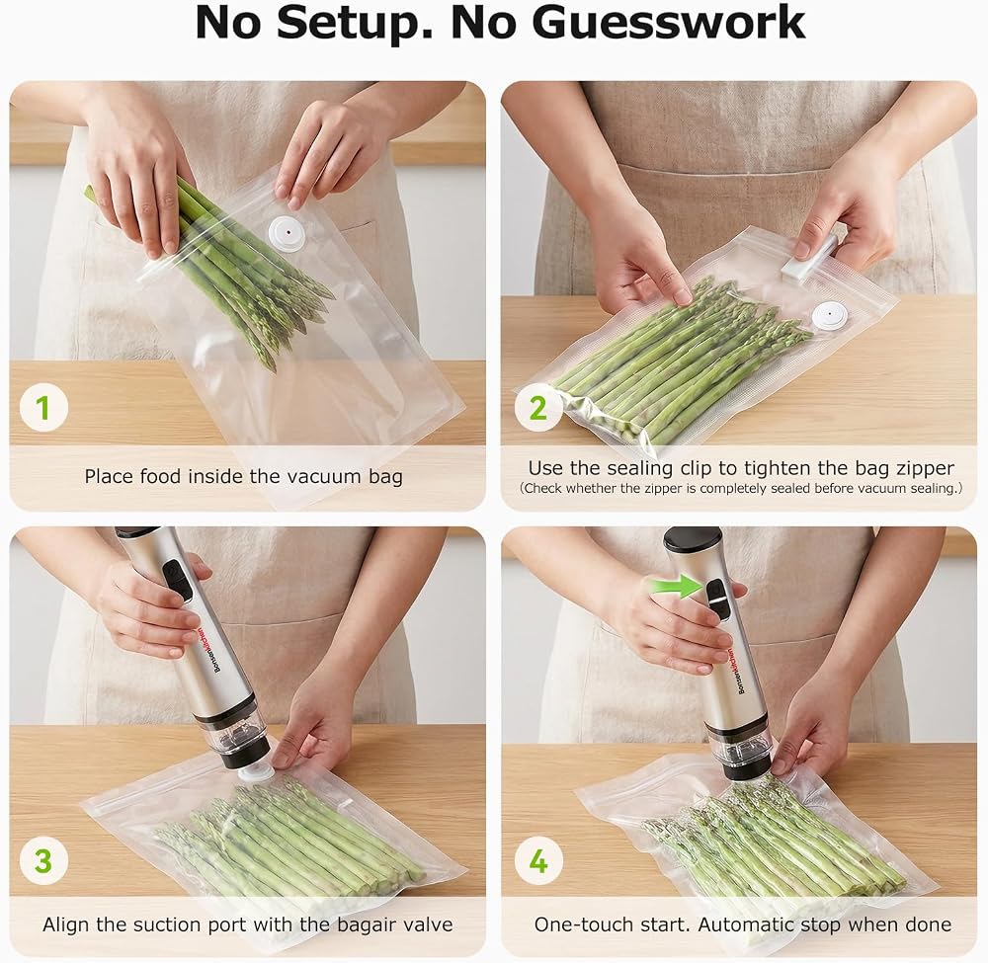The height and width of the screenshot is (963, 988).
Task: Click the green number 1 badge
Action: (43, 408)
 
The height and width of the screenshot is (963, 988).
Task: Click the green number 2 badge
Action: (538, 408)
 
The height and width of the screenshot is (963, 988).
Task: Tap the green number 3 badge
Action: (43, 860)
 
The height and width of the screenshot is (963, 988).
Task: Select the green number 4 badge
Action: (538, 860)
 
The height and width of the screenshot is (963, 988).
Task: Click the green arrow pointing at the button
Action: (676, 587)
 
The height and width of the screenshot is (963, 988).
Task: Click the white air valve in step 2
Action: (829, 315)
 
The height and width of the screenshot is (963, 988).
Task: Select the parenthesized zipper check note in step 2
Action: (741, 488)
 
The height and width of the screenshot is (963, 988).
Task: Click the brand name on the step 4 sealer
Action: (736, 672)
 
